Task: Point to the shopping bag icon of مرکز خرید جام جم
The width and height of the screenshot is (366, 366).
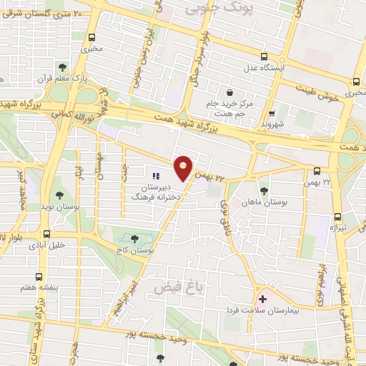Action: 229,92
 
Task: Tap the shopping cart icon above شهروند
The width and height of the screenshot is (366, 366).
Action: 271,112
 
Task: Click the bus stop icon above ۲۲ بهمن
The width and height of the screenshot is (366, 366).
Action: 317,170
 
